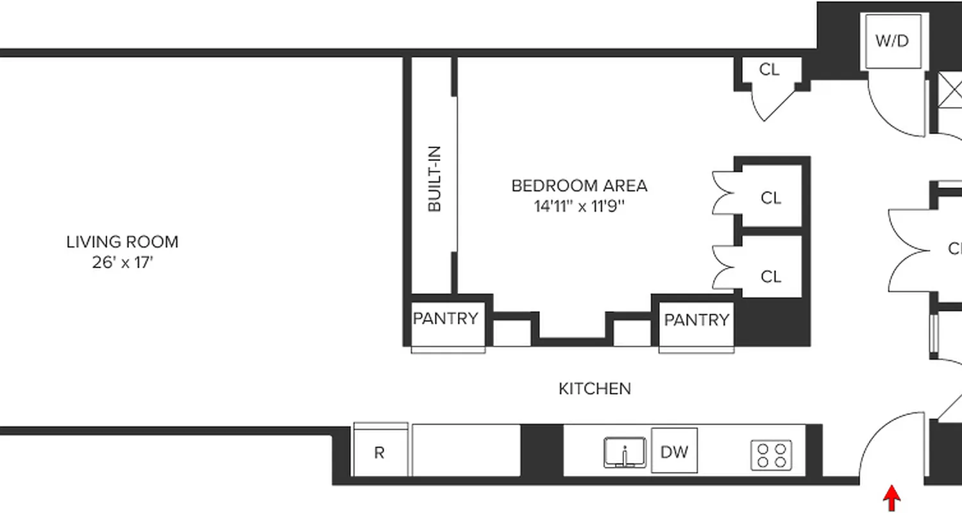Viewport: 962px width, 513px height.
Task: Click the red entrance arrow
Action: [891, 498]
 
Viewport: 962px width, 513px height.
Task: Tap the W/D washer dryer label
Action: [892, 41]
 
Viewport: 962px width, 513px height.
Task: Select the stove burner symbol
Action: [772, 455]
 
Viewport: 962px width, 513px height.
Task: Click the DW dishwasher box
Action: [674, 451]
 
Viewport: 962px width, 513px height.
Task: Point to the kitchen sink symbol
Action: [624, 453]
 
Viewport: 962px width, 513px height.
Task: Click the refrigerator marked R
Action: [379, 453]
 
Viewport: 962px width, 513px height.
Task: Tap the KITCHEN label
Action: [595, 389]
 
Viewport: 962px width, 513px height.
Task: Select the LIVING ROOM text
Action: [122, 242]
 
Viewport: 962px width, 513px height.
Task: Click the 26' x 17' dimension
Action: [122, 263]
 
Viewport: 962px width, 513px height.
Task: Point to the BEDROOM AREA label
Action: [579, 186]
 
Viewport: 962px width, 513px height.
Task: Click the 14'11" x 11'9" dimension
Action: [579, 206]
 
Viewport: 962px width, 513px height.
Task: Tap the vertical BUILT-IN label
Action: [434, 179]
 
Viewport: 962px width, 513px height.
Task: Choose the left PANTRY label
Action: [445, 319]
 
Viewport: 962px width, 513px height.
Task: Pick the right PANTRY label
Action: [696, 320]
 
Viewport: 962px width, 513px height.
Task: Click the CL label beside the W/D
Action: [769, 69]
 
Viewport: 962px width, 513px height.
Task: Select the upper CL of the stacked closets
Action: [771, 198]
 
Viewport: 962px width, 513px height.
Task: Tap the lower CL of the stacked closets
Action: [771, 276]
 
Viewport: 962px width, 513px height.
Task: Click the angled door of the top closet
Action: [779, 103]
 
